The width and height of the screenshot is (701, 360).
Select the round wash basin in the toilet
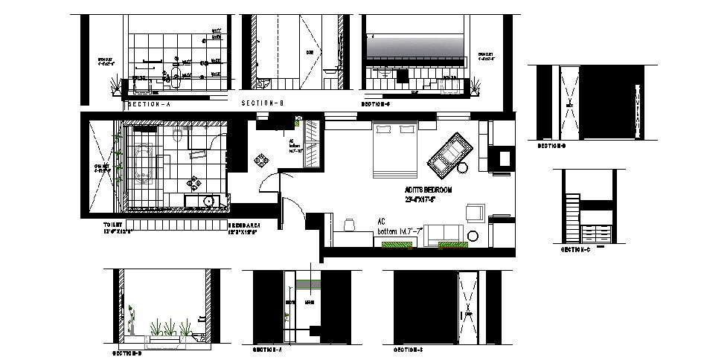point(208,201)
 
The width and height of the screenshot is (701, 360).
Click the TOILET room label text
point(115,223)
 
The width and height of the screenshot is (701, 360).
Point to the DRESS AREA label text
point(243,223)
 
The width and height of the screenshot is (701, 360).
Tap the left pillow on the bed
point(383,129)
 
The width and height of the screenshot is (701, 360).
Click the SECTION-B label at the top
point(263,103)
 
